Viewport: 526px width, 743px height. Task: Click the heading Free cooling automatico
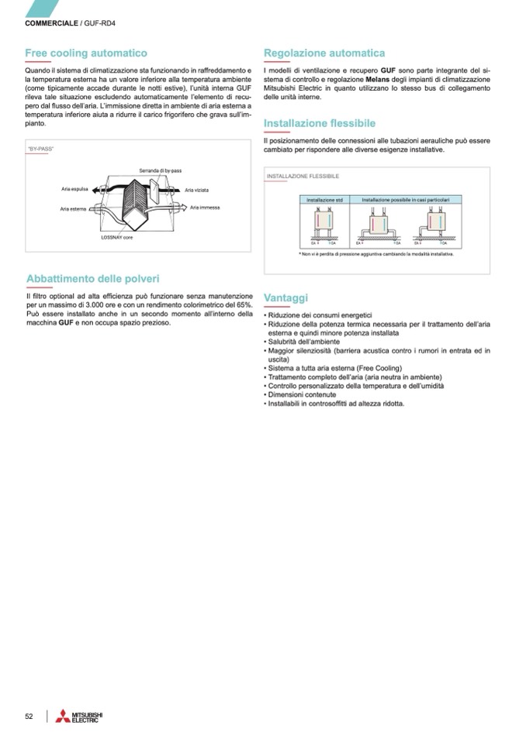coord(86,53)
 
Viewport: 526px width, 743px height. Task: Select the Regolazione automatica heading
coord(324,53)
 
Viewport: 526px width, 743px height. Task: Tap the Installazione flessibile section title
coord(320,123)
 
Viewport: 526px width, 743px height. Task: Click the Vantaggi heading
coord(285,298)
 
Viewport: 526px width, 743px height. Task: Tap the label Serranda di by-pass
coord(161,170)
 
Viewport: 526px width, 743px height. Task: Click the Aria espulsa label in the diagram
coord(76,189)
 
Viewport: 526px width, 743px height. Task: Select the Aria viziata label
coord(196,190)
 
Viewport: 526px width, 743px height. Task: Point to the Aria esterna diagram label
coord(74,208)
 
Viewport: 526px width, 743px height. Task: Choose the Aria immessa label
coord(206,208)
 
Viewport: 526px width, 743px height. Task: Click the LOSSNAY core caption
coord(117,237)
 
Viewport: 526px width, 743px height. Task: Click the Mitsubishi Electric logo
coord(78,717)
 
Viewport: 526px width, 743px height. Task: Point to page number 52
coord(29,717)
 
